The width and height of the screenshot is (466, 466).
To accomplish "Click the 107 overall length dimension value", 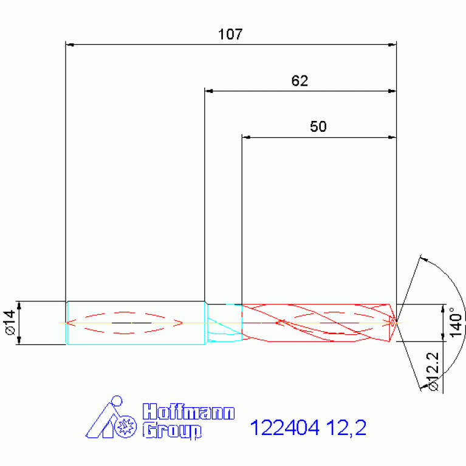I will [231, 35].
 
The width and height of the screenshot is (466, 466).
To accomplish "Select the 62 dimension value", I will [300, 81].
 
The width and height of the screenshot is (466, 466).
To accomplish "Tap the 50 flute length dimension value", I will [318, 127].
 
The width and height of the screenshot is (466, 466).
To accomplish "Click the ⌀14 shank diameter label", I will [10, 323].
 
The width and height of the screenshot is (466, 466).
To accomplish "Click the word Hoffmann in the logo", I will [188, 413].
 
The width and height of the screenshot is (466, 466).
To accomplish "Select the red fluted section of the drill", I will [316, 322].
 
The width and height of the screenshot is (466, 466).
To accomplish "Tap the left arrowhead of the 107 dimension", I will [69, 44].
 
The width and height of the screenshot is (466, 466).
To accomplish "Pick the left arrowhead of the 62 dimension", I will [208, 91].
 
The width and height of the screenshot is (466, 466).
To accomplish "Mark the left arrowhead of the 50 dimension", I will [246, 137].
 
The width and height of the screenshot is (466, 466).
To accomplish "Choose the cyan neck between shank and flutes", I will [223, 322].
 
